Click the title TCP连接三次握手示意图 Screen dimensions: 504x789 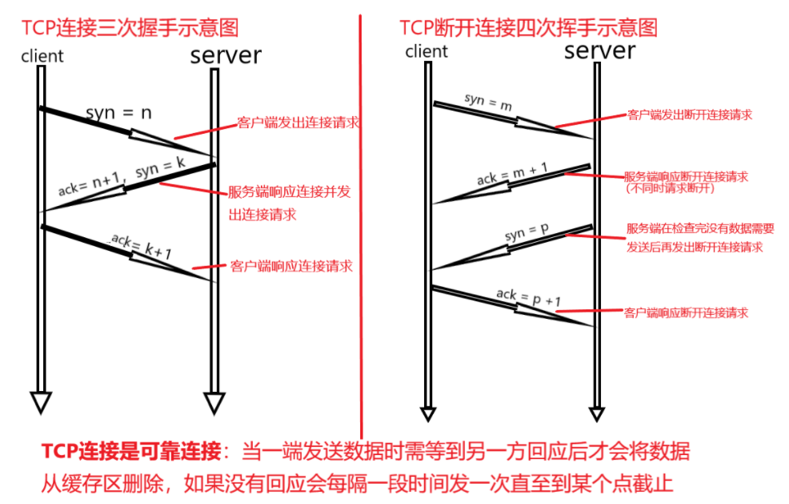(x=130, y=29)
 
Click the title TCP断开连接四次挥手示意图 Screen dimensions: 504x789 (x=528, y=28)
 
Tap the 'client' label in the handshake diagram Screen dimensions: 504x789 (x=42, y=56)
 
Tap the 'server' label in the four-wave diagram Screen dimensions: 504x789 (x=599, y=51)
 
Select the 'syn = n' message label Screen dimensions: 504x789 (x=118, y=114)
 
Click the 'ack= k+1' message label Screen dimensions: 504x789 (x=142, y=245)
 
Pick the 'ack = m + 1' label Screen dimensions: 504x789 (x=511, y=174)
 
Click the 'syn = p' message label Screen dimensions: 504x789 (x=526, y=233)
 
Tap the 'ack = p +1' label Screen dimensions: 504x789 (x=528, y=298)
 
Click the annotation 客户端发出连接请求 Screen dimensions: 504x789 (x=298, y=123)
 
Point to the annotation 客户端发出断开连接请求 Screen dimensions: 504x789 (x=689, y=115)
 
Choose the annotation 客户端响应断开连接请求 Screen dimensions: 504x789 (x=686, y=312)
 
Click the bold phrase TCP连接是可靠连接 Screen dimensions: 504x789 (x=130, y=452)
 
